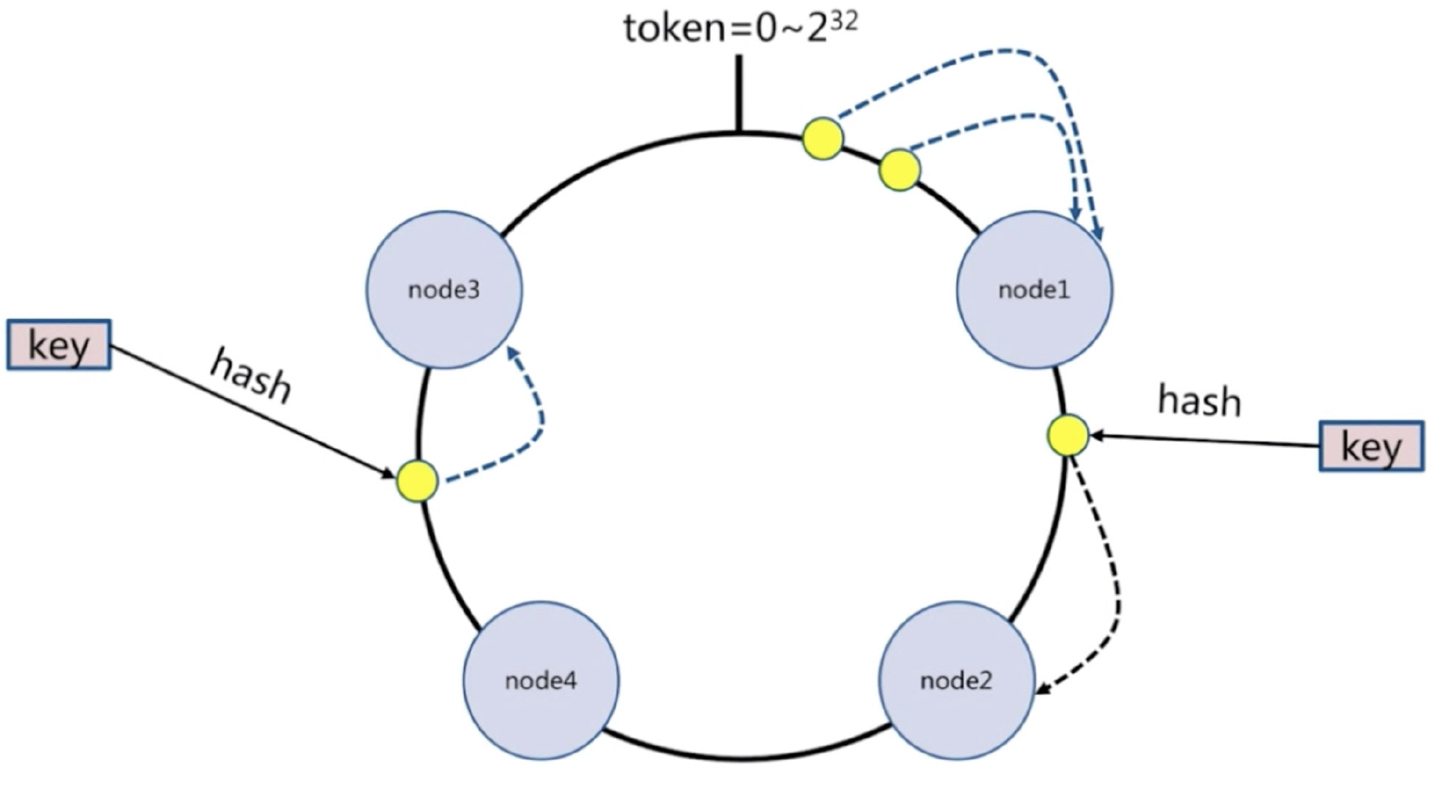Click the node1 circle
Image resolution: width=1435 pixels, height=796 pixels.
1034,290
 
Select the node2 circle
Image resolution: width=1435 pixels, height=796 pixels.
957,680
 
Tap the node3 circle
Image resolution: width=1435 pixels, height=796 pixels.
444,290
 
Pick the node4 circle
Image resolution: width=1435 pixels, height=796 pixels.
541,680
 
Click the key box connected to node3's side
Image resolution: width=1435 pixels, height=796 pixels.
59,344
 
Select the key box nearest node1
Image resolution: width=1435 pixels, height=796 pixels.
1371,446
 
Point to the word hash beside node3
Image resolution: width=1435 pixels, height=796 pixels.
251,377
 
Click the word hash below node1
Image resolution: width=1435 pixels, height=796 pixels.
1199,401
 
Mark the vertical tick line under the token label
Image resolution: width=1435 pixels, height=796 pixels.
739,94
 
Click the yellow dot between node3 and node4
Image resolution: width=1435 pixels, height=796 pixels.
418,481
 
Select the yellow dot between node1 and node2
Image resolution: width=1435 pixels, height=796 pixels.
1067,435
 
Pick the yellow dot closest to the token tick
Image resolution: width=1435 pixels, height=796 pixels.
823,138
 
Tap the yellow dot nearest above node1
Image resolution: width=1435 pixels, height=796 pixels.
900,170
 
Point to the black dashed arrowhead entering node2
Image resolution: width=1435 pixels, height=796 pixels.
1043,689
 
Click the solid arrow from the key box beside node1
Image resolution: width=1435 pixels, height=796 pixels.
1204,441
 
